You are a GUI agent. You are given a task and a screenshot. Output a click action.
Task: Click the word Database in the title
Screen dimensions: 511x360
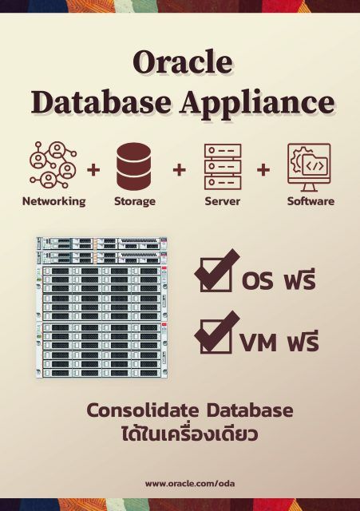point(98,102)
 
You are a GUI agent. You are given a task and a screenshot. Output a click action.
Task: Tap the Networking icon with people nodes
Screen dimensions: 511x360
point(53,164)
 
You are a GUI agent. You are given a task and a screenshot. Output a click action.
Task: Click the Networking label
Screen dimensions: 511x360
point(53,201)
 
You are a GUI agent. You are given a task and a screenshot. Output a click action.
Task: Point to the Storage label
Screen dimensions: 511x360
point(134,201)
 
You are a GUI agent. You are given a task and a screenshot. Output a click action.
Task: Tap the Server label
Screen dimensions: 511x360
point(222,201)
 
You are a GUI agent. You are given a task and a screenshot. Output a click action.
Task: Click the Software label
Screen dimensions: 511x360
point(311,201)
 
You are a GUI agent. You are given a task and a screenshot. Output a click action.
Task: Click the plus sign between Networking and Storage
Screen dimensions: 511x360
point(93,170)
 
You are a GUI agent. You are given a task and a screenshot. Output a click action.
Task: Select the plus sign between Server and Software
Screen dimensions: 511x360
point(263,170)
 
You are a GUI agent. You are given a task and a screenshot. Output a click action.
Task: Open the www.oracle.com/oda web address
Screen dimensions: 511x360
point(179,483)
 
